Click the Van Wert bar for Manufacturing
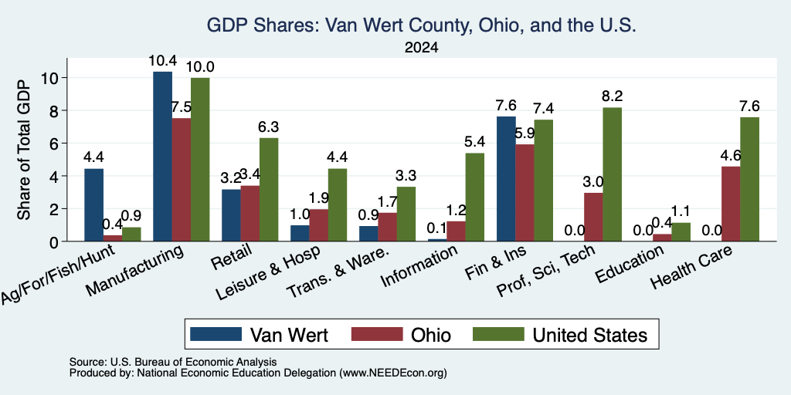(162, 157)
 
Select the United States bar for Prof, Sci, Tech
(612, 174)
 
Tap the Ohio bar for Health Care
(731, 204)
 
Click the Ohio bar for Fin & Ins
(525, 193)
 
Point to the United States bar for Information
(475, 197)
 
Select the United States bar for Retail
(268, 190)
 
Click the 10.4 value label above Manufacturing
(162, 61)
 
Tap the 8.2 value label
(612, 96)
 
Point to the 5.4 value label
(475, 143)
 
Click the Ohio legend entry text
(431, 335)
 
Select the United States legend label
(589, 335)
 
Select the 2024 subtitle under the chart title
(421, 48)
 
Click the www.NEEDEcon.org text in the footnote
(393, 373)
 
